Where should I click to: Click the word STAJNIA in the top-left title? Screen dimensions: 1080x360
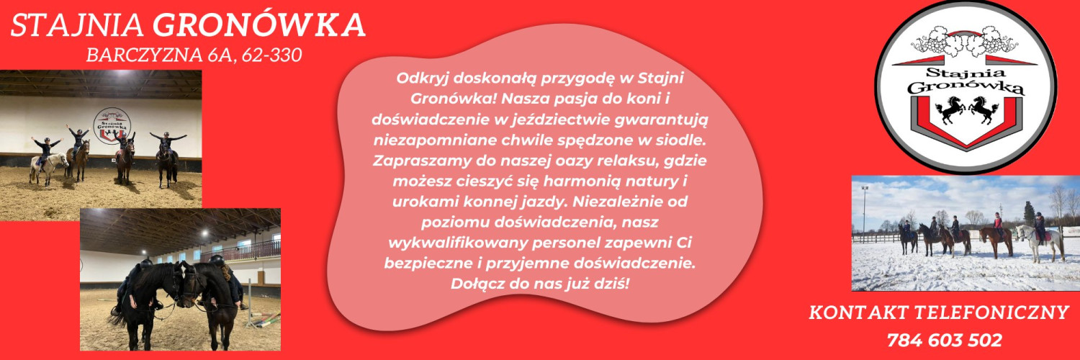[x=77, y=25]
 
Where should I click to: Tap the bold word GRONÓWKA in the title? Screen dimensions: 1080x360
[x=259, y=25]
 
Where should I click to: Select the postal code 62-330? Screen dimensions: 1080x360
[x=272, y=55]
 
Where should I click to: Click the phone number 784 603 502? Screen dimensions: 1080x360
[x=945, y=341]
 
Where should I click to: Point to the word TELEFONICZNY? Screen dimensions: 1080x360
[x=992, y=312]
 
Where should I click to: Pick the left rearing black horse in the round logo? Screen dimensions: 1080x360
[x=950, y=109]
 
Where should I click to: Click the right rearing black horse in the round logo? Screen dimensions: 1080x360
[x=984, y=109]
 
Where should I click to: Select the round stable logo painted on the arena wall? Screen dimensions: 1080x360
[x=112, y=125]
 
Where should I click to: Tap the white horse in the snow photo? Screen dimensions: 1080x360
[x=1041, y=241]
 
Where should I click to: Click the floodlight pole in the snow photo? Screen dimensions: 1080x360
[x=864, y=211]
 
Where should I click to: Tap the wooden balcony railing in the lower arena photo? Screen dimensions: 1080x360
[x=240, y=251]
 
